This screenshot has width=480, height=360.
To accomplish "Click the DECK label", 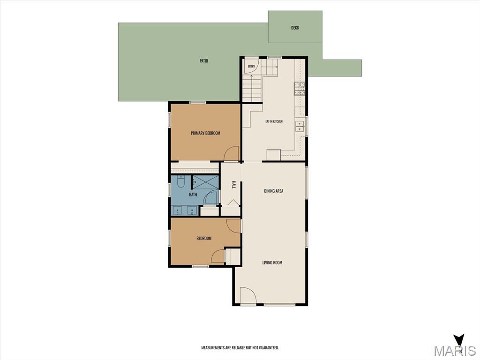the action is point(295,28).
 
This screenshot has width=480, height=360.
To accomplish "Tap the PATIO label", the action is point(203,61).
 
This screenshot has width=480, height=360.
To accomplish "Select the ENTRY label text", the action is point(251,67).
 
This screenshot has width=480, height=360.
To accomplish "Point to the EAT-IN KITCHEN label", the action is point(274,121).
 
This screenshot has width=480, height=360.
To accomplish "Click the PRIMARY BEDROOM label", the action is point(205,133).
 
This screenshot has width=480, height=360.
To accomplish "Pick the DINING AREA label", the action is point(274,191).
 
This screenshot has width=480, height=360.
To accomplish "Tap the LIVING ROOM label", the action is point(272,262).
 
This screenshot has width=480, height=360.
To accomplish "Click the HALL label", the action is point(234,185).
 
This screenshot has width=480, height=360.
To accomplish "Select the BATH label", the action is point(193,195).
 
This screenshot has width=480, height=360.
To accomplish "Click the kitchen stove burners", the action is point(300,89).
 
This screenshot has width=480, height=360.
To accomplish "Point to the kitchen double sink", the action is point(300,126).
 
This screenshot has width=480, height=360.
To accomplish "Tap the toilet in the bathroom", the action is point(180,182).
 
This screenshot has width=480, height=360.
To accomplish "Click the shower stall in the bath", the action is point(206,182).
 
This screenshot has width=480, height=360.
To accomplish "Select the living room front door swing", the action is point(248,295).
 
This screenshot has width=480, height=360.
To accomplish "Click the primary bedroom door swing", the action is point(231,153).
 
